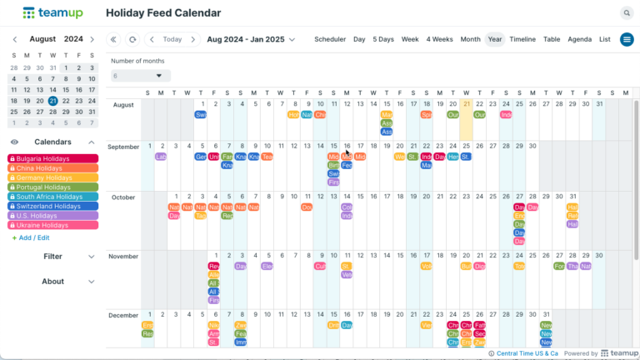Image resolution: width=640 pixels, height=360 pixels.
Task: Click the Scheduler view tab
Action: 330,39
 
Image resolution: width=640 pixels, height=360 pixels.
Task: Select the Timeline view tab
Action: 522,39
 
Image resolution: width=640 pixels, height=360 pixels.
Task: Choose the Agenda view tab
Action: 579,39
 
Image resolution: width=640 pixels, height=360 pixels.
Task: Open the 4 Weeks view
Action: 439,39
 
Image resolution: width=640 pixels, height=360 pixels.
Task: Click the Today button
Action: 172,39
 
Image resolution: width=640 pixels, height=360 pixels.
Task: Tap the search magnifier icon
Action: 626,12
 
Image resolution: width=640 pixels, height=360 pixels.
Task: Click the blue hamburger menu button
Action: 627,39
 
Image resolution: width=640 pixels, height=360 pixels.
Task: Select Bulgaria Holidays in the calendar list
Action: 52,158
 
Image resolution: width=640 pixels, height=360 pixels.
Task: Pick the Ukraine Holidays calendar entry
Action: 52,225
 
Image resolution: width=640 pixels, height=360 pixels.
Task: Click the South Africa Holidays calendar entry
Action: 52,197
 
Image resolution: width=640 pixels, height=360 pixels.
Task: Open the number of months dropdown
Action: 141,76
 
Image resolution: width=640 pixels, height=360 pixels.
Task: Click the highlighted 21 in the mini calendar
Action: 52,101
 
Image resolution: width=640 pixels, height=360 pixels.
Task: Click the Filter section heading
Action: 52,257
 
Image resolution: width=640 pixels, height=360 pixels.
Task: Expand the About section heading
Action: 52,282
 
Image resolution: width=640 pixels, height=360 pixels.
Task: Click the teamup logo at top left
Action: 52,13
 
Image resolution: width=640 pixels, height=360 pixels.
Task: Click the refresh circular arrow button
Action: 132,39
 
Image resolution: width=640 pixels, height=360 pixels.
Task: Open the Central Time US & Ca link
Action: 527,353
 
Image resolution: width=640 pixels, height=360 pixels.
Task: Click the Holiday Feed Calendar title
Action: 163,13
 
